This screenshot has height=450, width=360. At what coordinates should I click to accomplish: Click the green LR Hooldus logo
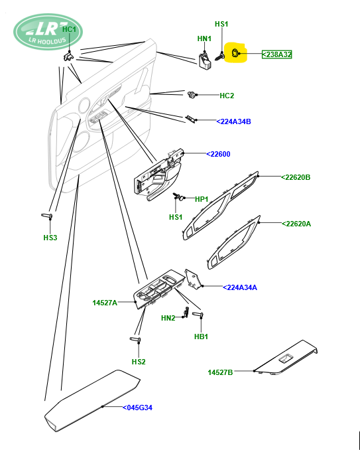tap(48, 32)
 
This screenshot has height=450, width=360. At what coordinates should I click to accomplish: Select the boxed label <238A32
tap(277, 54)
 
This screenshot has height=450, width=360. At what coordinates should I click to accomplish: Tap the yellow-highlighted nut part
tap(235, 53)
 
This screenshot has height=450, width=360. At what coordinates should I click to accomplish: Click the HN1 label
tap(204, 38)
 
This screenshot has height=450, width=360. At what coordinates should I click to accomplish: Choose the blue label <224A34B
tap(233, 121)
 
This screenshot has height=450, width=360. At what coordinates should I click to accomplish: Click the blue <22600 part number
tap(218, 154)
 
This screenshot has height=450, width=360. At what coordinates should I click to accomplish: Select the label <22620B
tap(296, 177)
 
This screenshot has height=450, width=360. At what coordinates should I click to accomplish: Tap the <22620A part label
tap(296, 224)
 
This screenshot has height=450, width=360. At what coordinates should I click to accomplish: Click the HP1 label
tap(202, 199)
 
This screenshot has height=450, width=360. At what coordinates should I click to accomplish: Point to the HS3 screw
tap(46, 216)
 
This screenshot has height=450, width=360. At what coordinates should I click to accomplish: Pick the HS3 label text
tap(50, 238)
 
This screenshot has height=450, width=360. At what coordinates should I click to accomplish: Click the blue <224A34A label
tap(240, 287)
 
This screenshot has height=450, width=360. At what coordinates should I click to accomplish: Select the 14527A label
tap(105, 303)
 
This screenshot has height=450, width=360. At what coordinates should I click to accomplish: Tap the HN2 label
tap(168, 318)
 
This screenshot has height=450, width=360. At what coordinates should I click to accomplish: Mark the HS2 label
tap(139, 362)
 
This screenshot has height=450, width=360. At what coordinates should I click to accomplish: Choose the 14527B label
tap(220, 372)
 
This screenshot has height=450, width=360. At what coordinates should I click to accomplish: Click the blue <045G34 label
tap(137, 408)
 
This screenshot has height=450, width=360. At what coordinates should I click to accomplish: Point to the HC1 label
tap(69, 29)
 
